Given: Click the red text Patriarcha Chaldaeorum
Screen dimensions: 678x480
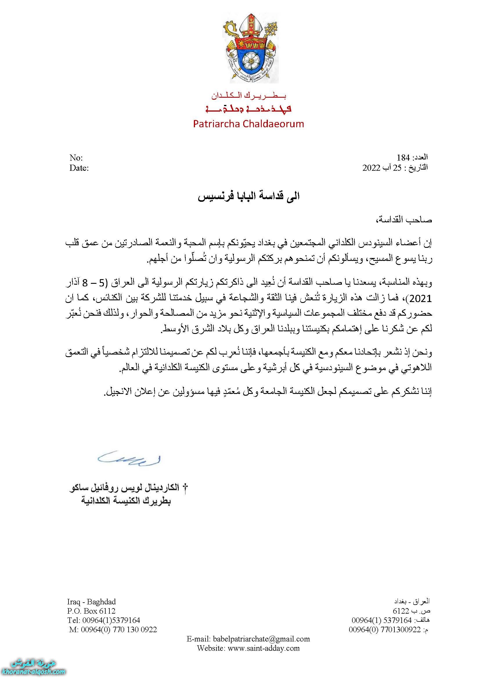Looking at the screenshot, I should click(248, 123).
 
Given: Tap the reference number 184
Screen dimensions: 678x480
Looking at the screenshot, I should click(404, 157).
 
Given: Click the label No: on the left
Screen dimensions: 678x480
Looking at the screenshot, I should click(76, 157).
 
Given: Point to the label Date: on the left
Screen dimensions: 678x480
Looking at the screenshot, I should click(79, 168).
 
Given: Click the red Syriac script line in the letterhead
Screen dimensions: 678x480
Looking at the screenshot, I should click(248, 108).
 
